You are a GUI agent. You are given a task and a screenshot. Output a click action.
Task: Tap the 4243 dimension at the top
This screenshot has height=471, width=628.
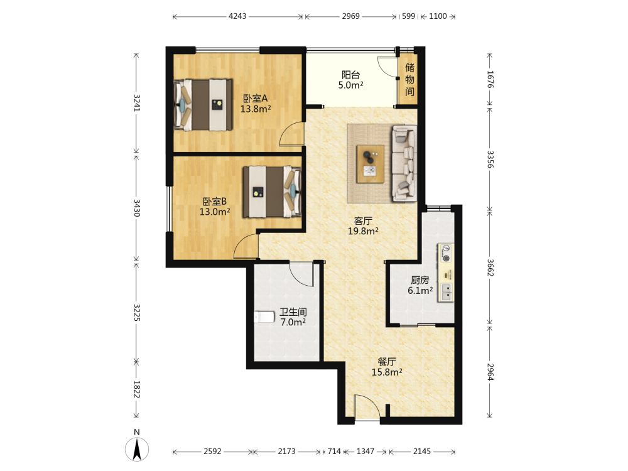point(237,16)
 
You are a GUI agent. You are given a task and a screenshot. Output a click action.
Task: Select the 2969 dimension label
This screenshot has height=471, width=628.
point(351,16)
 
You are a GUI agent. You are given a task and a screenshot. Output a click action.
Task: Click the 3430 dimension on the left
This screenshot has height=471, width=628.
point(136,208)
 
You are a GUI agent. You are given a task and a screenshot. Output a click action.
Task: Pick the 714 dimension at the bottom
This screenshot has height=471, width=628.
point(334,452)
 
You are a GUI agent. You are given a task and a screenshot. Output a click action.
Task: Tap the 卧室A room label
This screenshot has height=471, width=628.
point(255,99)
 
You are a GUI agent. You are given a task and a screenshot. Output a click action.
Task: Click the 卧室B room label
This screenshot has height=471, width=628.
point(215,202)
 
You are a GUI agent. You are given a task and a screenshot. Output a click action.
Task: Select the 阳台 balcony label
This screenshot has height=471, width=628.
point(351,75)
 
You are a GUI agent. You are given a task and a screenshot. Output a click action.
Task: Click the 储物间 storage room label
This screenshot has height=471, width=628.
point(409,79)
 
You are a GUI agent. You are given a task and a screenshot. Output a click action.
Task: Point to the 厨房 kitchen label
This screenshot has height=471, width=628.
point(420,280)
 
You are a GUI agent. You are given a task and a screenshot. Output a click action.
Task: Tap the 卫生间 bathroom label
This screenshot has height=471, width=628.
point(293,312)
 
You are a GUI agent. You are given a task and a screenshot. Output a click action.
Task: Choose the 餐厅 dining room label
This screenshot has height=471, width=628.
point(387,362)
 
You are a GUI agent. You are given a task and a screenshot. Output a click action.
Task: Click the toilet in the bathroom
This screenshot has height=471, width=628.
point(264,317)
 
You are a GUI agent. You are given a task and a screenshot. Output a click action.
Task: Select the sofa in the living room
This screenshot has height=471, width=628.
point(404,163)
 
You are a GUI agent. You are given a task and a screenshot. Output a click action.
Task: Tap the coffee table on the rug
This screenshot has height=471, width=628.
point(371,164)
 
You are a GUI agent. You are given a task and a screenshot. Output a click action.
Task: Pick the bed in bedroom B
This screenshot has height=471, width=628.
point(272,192)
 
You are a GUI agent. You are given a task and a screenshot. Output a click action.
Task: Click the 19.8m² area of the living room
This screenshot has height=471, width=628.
point(363,231)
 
